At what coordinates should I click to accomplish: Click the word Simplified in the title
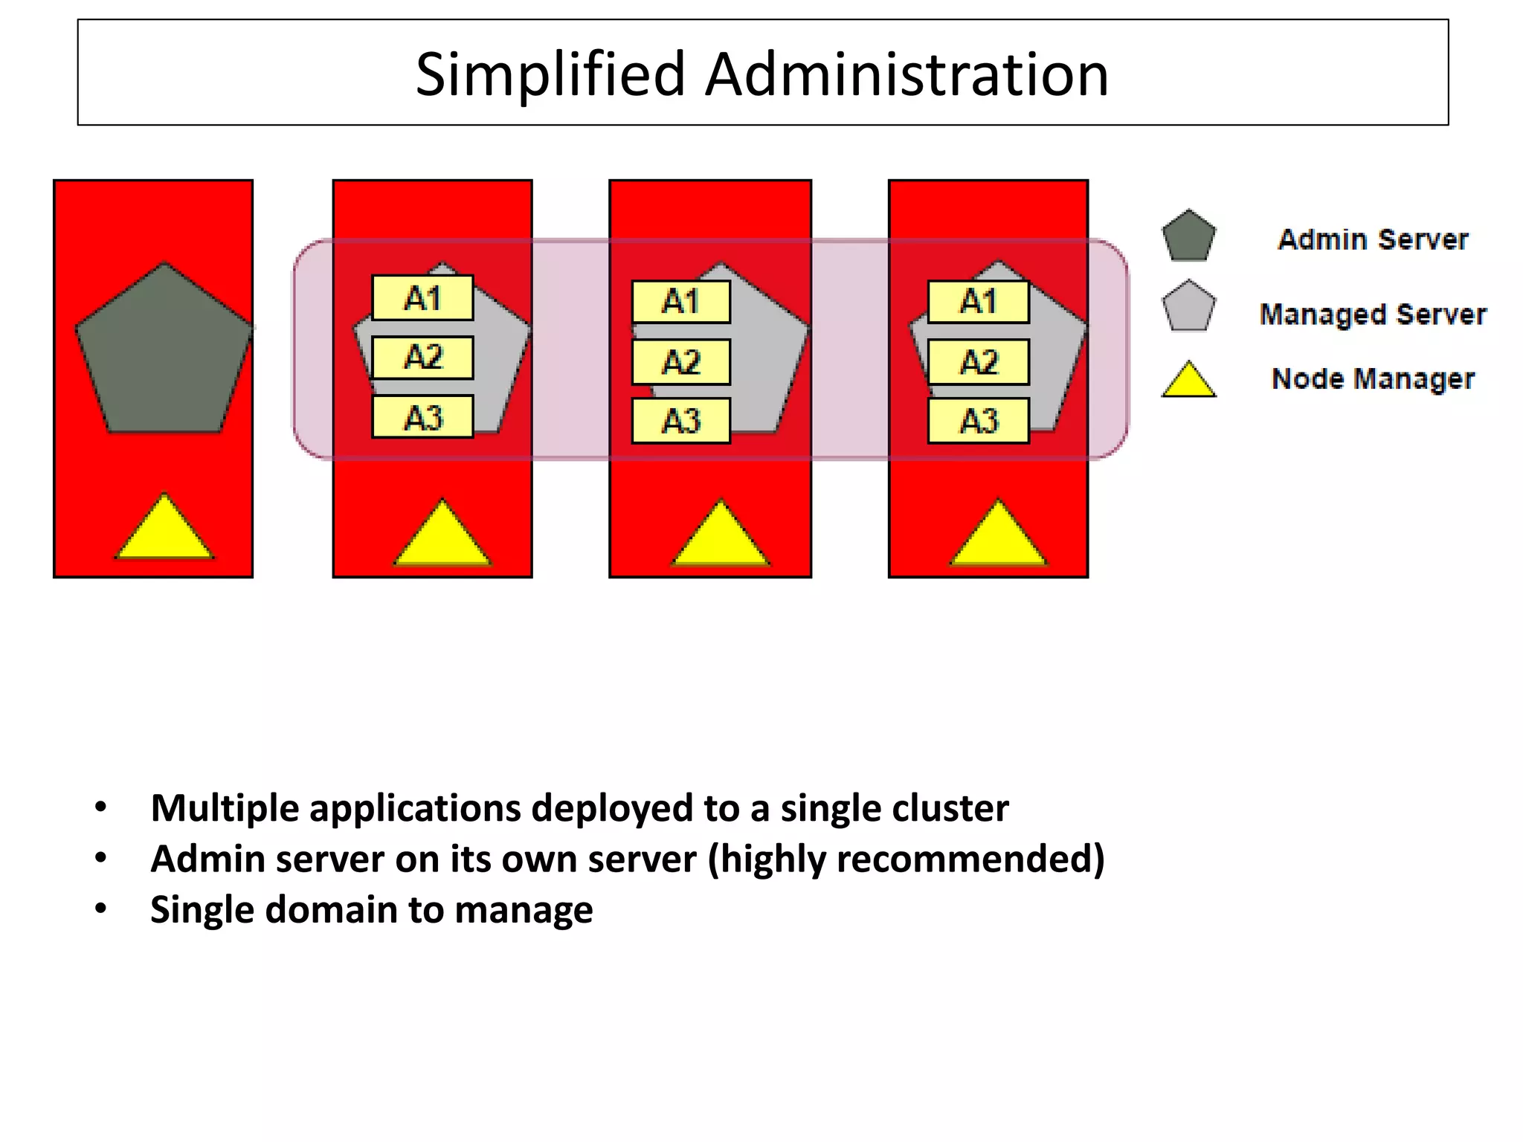(x=550, y=75)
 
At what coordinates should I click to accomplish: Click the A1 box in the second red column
(x=422, y=298)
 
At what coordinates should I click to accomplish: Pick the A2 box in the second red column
(x=422, y=358)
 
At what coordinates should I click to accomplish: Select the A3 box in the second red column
(x=422, y=417)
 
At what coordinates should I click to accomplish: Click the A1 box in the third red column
(x=680, y=302)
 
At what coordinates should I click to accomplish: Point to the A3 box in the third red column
(x=680, y=421)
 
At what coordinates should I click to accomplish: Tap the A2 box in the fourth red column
(x=978, y=362)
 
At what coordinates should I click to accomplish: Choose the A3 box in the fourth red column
(x=978, y=421)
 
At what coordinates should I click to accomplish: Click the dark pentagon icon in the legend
(x=1188, y=237)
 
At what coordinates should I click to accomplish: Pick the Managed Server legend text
(x=1373, y=314)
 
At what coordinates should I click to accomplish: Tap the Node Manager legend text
(x=1373, y=378)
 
